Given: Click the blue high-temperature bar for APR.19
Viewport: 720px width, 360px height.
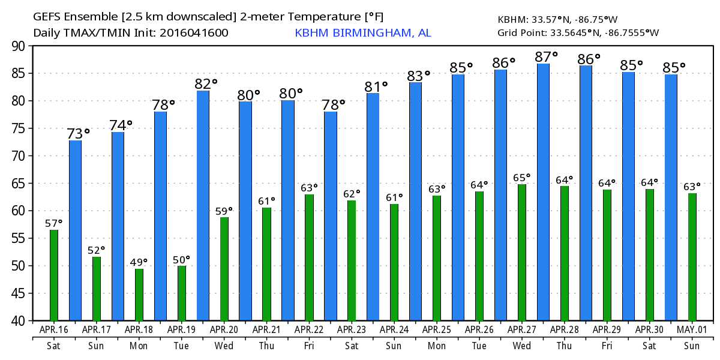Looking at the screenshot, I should [160, 216].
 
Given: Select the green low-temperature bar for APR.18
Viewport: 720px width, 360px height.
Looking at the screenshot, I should [139, 295].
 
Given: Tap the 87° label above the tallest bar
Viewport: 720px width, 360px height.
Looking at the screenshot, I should [546, 57].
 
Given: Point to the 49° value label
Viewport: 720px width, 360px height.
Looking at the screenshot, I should [138, 262].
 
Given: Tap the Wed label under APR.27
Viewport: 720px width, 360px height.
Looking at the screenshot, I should [522, 346].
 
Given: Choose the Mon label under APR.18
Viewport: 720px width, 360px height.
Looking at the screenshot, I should [139, 346].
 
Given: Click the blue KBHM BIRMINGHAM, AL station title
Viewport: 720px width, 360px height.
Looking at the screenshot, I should [362, 33].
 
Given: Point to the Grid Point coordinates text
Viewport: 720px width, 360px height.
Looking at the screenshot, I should [578, 32].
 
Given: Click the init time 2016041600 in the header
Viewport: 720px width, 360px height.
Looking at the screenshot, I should [194, 33].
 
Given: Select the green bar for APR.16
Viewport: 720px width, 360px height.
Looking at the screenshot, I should [54, 275].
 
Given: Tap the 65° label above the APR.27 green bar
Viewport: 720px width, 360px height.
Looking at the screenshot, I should [522, 178].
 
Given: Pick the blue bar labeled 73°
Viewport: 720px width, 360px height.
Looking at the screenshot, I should [75, 230].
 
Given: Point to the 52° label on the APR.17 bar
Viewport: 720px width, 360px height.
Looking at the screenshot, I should [95, 250].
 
